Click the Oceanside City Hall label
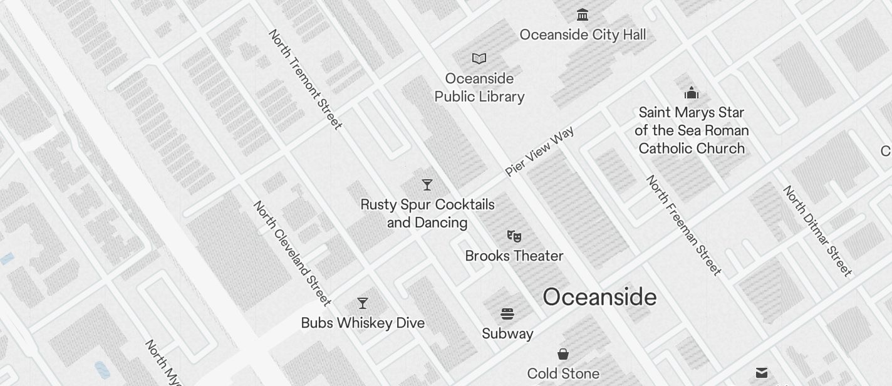[583, 34]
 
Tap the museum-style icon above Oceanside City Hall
[583, 14]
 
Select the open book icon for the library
[479, 58]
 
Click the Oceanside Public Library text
[479, 88]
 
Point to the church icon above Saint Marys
[692, 93]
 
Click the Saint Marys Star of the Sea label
[692, 130]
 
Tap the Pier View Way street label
[539, 151]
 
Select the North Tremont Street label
[306, 80]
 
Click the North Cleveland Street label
[292, 253]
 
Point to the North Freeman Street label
[684, 226]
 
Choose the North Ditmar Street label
[817, 231]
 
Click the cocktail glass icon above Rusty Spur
[427, 185]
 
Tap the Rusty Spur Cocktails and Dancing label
[427, 214]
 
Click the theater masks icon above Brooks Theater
[514, 236]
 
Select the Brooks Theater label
[514, 256]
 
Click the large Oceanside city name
[599, 297]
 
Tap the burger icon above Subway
[507, 314]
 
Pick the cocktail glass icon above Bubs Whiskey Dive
[363, 303]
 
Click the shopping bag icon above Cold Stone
[563, 355]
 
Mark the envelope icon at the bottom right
[762, 373]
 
